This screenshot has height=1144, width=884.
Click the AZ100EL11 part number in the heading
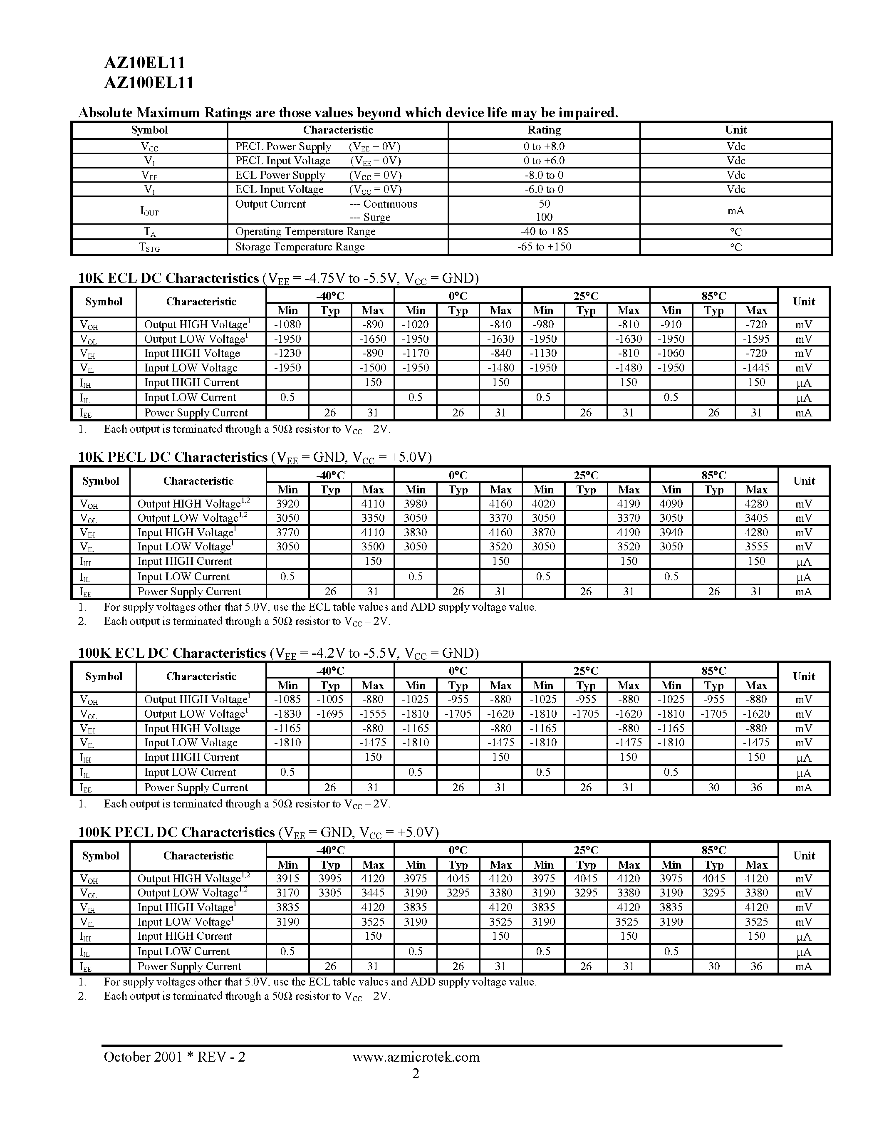[x=149, y=83]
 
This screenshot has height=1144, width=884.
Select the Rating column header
[x=544, y=130]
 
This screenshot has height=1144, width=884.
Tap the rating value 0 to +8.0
[x=544, y=147]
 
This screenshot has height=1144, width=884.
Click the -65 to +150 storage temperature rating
[x=544, y=247]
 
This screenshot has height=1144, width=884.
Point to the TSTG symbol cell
[x=149, y=247]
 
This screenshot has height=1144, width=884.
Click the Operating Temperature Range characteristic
[x=305, y=232]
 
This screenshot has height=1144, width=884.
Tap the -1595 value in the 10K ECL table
[x=756, y=339]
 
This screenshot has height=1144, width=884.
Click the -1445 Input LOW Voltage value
[x=756, y=368]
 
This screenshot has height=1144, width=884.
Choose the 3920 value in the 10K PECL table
[x=287, y=504]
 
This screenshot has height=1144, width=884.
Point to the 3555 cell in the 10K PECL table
[x=756, y=547]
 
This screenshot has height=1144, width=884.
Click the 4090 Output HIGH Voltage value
[x=671, y=504]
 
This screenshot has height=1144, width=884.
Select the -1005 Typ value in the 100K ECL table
[x=330, y=699]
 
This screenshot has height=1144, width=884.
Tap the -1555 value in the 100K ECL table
[x=373, y=713]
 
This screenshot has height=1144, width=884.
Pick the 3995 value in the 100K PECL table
[x=330, y=879]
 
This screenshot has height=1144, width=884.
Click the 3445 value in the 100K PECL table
[x=373, y=893]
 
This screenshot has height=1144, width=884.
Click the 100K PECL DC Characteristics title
[x=176, y=832]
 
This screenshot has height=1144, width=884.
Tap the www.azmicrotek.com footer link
[x=416, y=1057]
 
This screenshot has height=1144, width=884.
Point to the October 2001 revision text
[x=174, y=1057]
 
